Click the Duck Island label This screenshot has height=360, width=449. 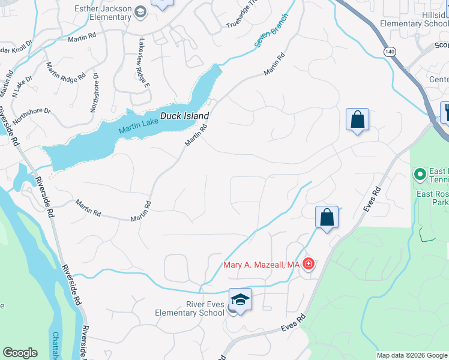click(184, 116)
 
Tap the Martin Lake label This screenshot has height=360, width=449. click(139, 127)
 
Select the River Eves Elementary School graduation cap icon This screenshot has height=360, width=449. click(240, 299)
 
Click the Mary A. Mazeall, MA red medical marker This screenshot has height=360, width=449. click(309, 264)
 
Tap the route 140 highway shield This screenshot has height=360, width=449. click(390, 52)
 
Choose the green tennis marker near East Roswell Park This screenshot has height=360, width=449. click(420, 175)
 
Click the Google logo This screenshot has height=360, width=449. click(20, 353)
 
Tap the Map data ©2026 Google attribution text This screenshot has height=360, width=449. click(412, 355)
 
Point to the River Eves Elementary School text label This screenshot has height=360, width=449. click(190, 308)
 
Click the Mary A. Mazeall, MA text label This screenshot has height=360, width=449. click(261, 265)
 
